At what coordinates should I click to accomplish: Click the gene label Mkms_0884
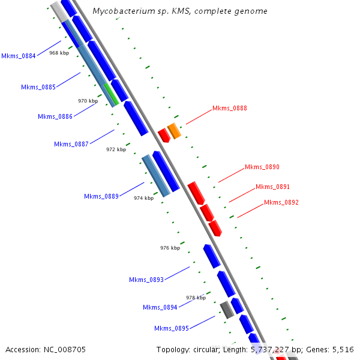pos(18,56)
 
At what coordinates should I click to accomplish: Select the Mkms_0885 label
pos(38,88)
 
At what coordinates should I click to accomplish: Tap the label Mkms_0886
pos(55,116)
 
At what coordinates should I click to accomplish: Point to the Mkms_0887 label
pos(71,144)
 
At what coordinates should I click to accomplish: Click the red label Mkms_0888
pos(230,109)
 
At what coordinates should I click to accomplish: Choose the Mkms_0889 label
pos(101,196)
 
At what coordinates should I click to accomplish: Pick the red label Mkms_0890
pos(262,167)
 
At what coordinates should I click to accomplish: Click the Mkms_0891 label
pos(273,187)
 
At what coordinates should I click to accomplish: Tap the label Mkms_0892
pos(281,203)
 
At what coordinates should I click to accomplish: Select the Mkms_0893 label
pos(146,280)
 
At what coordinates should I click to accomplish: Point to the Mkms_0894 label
pos(160,307)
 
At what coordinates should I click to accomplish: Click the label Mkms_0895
pos(172,328)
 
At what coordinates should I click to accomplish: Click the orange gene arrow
pos(174,130)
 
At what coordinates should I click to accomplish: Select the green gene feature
pos(110,94)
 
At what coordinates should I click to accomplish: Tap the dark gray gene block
pos(227,310)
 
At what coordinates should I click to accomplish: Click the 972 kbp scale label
pos(116,149)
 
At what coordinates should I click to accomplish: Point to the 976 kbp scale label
pos(170,248)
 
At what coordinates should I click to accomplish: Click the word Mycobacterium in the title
pos(123,11)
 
